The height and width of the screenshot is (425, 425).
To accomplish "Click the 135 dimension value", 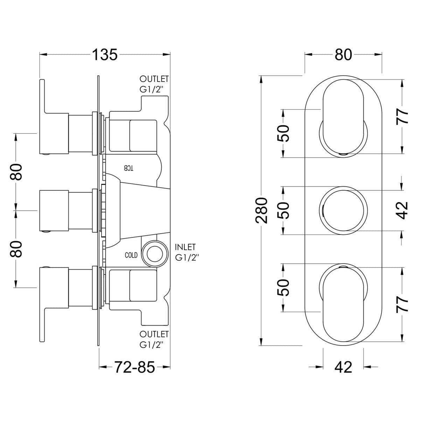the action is [105, 55].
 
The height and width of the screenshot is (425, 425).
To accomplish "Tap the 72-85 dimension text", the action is [134, 367].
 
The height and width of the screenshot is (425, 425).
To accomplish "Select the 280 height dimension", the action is [262, 210].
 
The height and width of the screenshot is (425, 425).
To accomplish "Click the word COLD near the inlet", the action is [131, 255].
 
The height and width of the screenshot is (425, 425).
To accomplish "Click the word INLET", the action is [185, 247].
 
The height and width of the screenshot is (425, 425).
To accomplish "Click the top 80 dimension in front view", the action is [343, 55].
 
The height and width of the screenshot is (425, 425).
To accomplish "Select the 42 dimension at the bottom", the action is [343, 367].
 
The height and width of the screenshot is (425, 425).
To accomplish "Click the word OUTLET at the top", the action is [154, 79].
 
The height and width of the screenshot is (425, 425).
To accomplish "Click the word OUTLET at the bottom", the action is [154, 334].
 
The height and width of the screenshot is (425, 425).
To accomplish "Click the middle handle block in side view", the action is [54, 211].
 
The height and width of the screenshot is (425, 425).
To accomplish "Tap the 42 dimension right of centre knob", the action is [402, 210].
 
